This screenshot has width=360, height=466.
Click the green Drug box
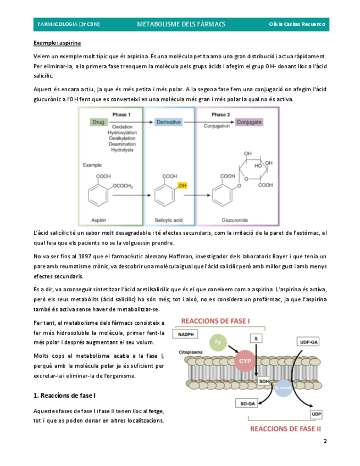99,123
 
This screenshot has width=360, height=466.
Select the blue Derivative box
168,123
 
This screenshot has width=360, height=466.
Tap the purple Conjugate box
249,123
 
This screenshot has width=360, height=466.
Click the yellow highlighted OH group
183,186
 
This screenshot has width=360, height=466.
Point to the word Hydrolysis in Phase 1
121,149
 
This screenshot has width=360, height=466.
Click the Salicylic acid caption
168,219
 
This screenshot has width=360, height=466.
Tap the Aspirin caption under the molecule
99,219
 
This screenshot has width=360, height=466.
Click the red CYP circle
244,361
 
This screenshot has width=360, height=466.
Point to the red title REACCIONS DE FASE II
285,429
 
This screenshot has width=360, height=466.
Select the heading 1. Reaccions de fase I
64,395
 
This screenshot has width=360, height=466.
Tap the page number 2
325,441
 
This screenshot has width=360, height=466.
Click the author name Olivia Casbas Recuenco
297,24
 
